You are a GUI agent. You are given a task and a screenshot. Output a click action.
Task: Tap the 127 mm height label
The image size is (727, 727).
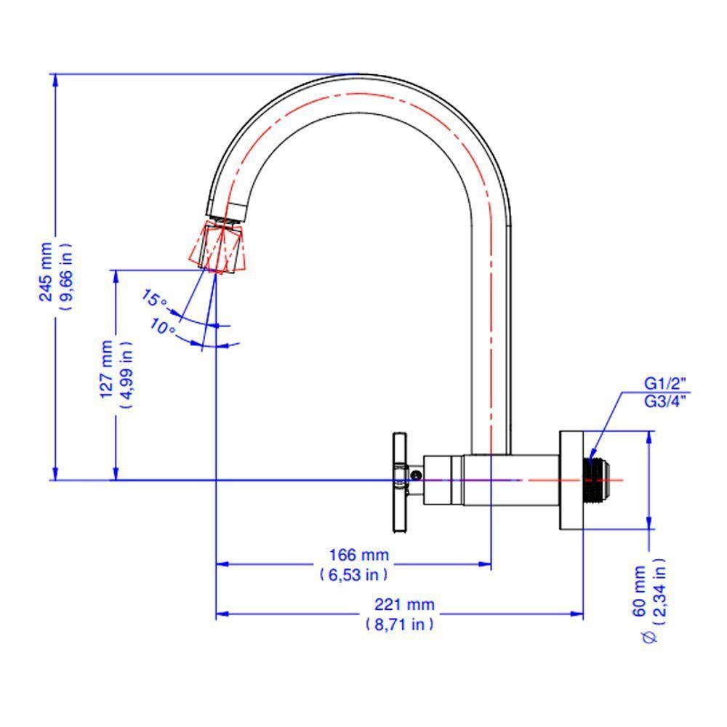pos(107,369)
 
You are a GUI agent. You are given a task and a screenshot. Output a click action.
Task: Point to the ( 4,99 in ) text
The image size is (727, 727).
pos(126,371)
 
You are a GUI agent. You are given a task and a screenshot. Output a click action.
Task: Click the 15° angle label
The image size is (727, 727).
pos(154,300)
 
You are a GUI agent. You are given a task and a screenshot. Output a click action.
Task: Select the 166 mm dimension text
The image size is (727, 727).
pos(359,555)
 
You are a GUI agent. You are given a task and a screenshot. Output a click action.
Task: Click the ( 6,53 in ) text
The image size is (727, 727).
pos(354,574)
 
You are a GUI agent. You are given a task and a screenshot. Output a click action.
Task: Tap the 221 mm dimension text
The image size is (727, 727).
pos(404,604)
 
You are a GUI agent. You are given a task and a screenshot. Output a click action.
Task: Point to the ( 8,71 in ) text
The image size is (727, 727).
pos(400,624)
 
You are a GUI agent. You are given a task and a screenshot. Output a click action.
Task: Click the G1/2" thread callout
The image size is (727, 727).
pos(665,383)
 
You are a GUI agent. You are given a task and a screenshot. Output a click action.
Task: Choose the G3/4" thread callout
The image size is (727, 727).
pos(665,399)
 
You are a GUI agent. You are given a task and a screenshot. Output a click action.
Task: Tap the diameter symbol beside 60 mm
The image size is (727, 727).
pos(649,637)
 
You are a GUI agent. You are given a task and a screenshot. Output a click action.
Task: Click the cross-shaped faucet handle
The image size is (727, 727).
pos(398,480)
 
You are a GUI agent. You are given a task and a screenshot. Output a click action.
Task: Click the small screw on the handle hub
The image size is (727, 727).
pos(414,474)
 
